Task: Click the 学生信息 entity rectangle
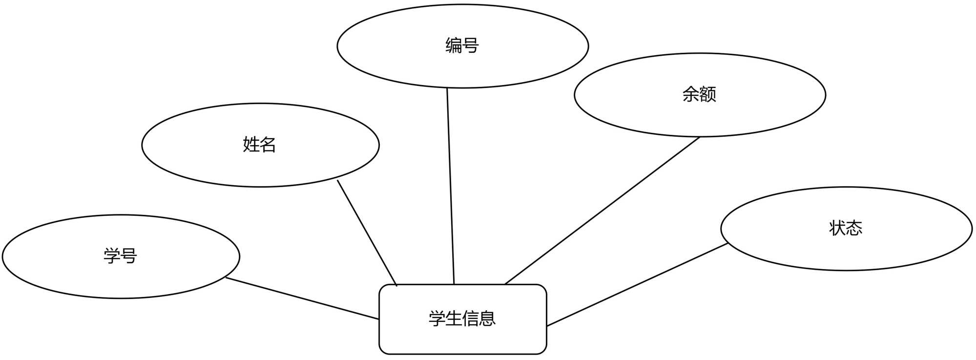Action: (462, 337)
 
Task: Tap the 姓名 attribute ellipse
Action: (260, 166)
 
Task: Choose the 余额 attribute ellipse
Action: (700, 115)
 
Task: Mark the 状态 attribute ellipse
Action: (846, 249)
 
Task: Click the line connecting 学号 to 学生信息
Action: (303, 298)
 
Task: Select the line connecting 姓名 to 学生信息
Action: (367, 233)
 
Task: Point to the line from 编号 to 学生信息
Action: (451, 186)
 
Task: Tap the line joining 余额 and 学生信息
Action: (602, 210)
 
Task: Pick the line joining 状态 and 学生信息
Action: (637, 284)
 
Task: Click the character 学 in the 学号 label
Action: (112, 255)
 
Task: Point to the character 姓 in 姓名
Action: (251, 145)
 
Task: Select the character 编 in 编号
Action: (454, 45)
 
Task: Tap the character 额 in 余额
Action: (708, 94)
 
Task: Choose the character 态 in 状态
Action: (854, 228)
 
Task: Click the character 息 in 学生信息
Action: (487, 318)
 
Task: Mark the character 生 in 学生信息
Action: (454, 318)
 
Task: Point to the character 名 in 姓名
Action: (268, 145)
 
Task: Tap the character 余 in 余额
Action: (691, 94)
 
